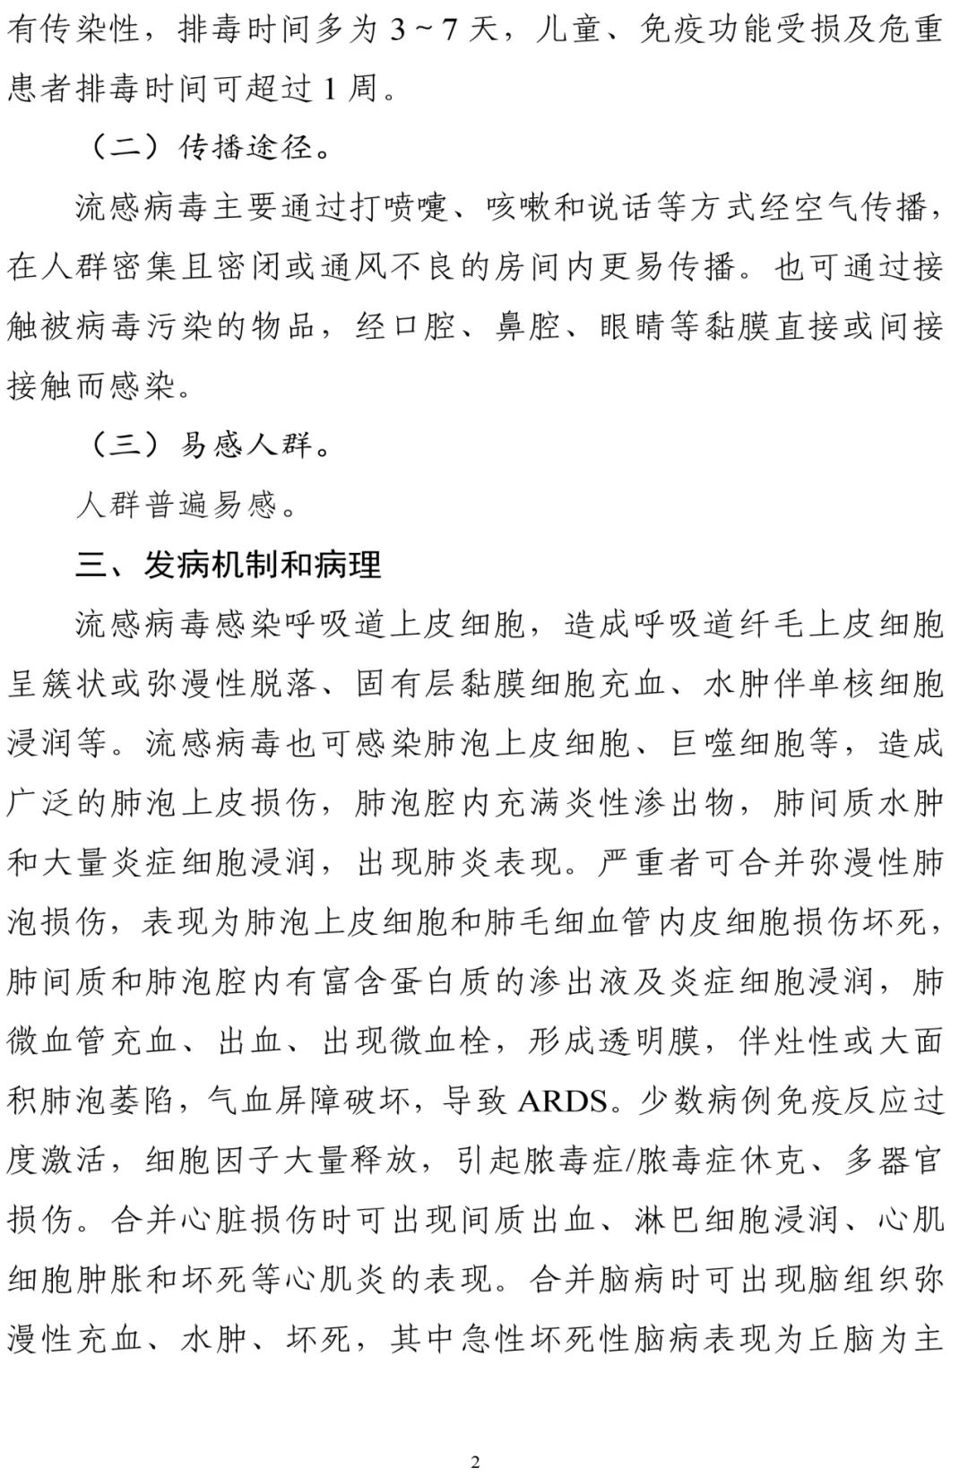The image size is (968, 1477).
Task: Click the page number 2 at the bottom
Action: click(x=475, y=1462)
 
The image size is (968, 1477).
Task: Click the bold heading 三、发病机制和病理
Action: click(x=229, y=565)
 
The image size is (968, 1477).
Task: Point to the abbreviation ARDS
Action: click(x=563, y=1101)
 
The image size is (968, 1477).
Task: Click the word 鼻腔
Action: click(x=528, y=327)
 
